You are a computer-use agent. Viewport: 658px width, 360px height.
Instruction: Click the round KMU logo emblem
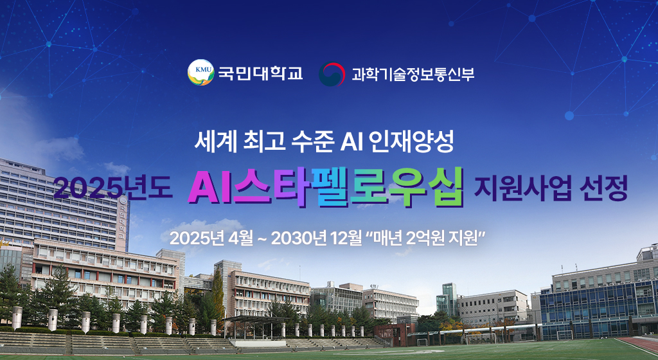coord(201,73)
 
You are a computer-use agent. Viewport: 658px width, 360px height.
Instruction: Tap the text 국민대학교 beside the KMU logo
coord(260,73)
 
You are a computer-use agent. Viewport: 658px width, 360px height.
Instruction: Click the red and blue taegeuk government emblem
coord(332,74)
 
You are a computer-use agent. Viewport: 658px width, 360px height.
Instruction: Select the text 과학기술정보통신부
coord(413,74)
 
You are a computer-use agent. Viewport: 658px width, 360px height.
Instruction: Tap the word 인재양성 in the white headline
coord(411,143)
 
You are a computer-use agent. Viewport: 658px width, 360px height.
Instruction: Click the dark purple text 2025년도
coord(113,188)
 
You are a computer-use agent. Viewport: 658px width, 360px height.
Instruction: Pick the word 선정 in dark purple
coord(603,188)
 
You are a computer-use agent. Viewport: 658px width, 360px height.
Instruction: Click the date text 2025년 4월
coord(211,239)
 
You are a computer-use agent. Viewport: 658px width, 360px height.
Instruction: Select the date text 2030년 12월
coord(316,239)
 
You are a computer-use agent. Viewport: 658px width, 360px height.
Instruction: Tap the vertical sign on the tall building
coord(123,223)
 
